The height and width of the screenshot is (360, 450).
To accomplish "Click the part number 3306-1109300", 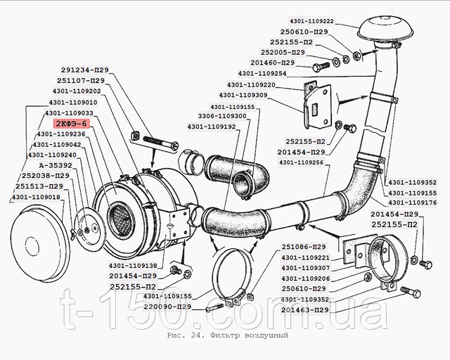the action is pyautogui.click(x=222, y=116).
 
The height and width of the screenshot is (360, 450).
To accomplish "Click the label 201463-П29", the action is pyautogui.click(x=304, y=310).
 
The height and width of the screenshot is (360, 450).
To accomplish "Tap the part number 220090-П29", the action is pyautogui.click(x=167, y=307).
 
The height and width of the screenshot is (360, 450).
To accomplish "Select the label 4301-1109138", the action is pyautogui.click(x=133, y=266).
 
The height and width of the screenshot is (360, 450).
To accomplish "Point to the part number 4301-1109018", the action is pyautogui.click(x=36, y=197).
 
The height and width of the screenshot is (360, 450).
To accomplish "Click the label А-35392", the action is pyautogui.click(x=56, y=166).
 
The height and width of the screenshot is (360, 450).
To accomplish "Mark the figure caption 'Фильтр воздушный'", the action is pyautogui.click(x=249, y=335).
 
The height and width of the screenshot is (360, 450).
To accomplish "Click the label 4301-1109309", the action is pyautogui.click(x=243, y=95).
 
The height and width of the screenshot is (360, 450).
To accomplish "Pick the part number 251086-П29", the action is pyautogui.click(x=304, y=247).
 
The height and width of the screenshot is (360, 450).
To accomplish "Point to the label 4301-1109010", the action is pyautogui.click(x=73, y=103).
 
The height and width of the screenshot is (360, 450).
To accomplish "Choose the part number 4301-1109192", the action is pyautogui.click(x=212, y=127).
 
